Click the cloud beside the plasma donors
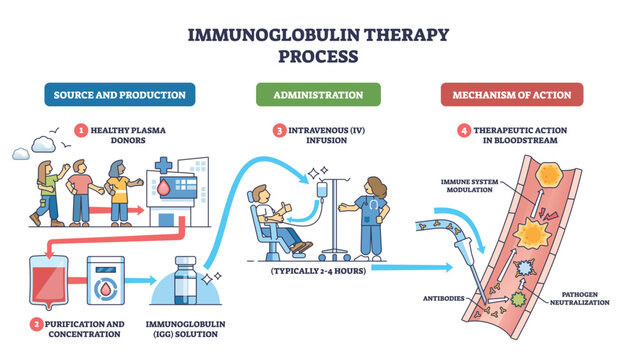coord(25,154)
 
